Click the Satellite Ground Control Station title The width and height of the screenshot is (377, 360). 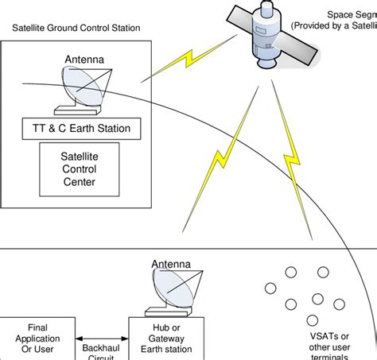tap(76, 28)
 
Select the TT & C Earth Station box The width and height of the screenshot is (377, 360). tap(87, 128)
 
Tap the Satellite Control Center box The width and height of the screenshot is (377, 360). tap(80, 170)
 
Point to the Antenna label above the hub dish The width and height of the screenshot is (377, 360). tap(172, 264)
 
